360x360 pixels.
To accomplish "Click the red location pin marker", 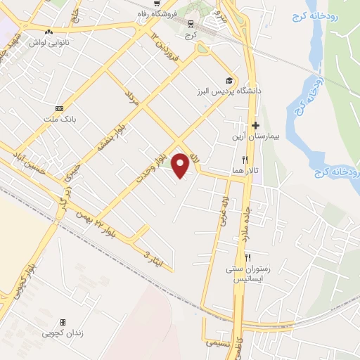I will pos(181,165).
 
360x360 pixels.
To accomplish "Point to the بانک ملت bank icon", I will pos(59,108).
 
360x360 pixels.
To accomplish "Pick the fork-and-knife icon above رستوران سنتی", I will pos(248,257).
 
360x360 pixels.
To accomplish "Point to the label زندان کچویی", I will pos(63,333).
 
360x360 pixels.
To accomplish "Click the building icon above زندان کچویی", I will pos(63,321).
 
